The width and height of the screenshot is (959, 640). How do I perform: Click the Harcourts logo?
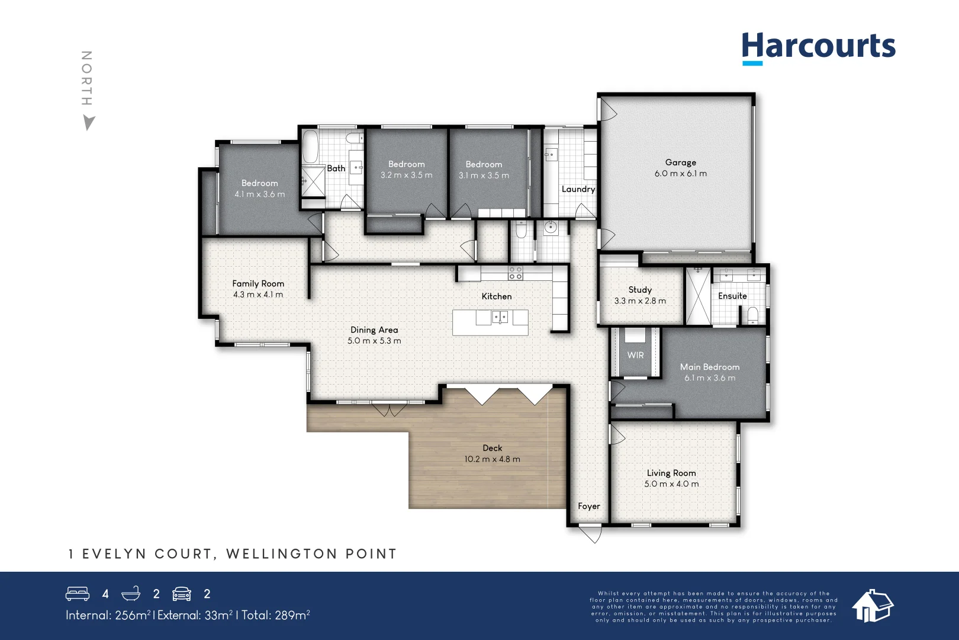[x=818, y=47]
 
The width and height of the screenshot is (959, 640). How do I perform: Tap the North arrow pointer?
[x=89, y=123]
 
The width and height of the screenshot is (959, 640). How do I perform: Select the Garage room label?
[x=680, y=162]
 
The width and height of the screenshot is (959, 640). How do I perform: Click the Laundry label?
[x=578, y=189]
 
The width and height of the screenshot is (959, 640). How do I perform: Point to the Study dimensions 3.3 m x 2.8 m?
[x=640, y=301]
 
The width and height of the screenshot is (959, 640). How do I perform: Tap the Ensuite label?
[x=732, y=296]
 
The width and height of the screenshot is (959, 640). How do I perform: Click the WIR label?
[x=635, y=355]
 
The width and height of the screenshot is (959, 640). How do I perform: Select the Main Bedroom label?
[x=709, y=367]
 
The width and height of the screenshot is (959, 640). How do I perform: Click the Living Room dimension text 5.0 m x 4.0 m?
[x=671, y=484]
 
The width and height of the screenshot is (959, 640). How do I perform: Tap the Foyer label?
[x=588, y=506]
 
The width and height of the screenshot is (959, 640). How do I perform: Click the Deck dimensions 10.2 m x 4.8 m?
[x=492, y=459]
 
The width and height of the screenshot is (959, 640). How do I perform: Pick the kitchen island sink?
[x=500, y=318]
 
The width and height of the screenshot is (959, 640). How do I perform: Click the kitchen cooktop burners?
[x=516, y=273]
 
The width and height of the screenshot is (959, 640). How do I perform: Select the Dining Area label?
[x=374, y=330]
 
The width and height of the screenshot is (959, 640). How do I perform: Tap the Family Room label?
[x=258, y=284]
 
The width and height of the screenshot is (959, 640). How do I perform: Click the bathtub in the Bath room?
[x=310, y=147]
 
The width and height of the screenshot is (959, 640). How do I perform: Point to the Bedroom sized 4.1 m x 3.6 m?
[x=259, y=188]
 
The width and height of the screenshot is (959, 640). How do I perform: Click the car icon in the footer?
[x=182, y=594]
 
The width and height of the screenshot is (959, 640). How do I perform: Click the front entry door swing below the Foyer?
[x=590, y=535]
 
